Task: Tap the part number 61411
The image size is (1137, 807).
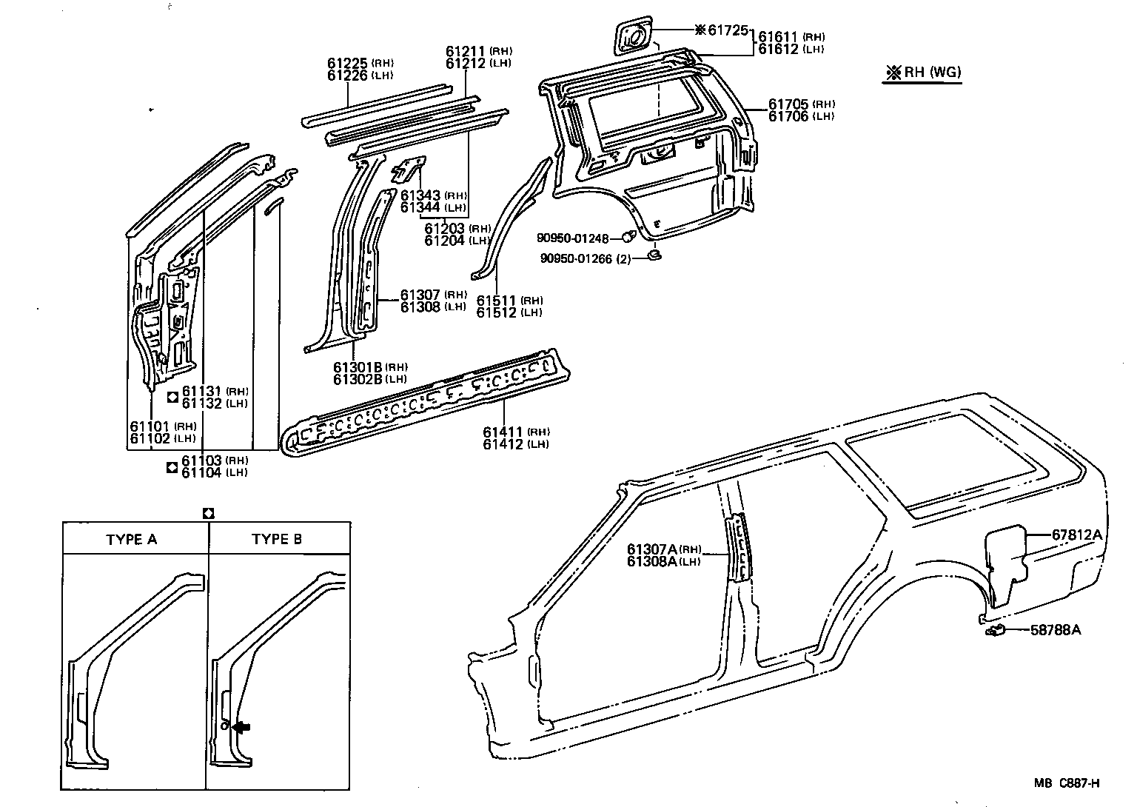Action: pyautogui.click(x=503, y=432)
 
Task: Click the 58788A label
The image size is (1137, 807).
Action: pyautogui.click(x=1056, y=630)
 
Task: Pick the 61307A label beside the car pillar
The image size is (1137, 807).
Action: pyautogui.click(x=651, y=549)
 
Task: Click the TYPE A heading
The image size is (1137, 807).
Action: pyautogui.click(x=131, y=539)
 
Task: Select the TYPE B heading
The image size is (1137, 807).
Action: pyautogui.click(x=276, y=539)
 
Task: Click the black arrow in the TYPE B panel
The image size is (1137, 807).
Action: pyautogui.click(x=241, y=727)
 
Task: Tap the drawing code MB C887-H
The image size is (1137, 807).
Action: pyautogui.click(x=1067, y=783)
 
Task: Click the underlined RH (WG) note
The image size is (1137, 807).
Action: pyautogui.click(x=925, y=73)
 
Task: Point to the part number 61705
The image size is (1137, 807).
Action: pyautogui.click(x=788, y=104)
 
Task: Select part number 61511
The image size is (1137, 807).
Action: pyautogui.click(x=496, y=301)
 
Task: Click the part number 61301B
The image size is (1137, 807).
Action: pyautogui.click(x=357, y=367)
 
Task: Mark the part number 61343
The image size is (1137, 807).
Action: pyautogui.click(x=420, y=196)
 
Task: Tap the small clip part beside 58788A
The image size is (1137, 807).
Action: pyautogui.click(x=995, y=631)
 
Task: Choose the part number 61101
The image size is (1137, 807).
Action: pyautogui.click(x=150, y=426)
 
